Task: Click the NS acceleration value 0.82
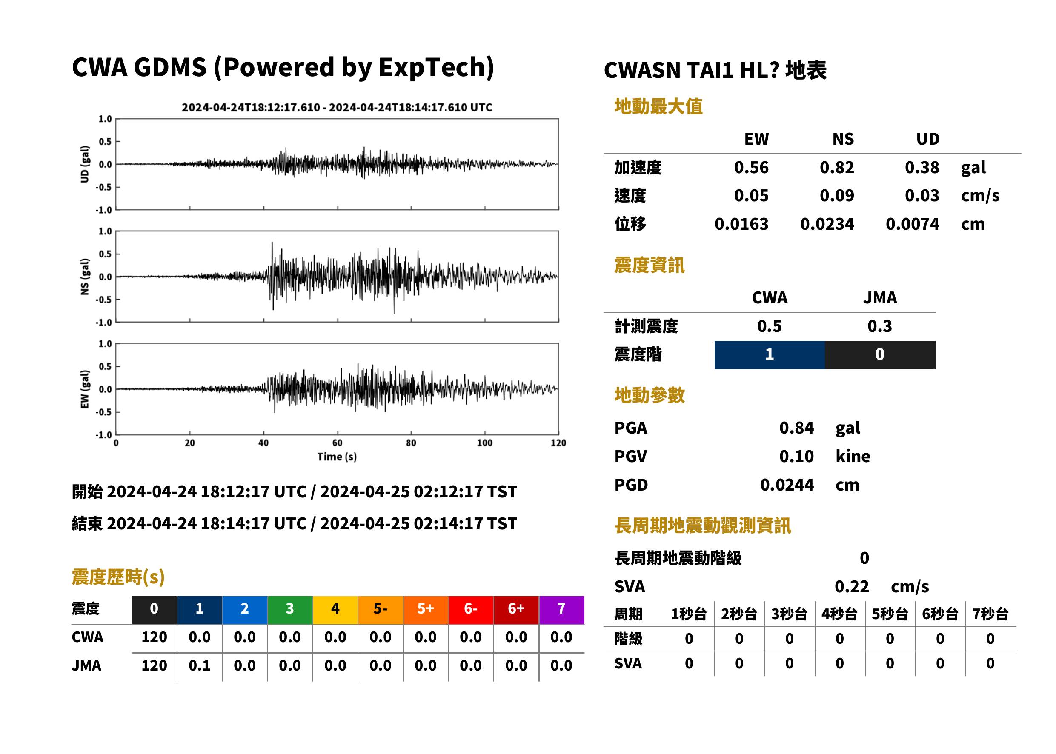836,168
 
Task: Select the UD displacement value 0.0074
912,224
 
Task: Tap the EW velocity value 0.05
751,196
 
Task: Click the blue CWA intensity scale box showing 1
770,355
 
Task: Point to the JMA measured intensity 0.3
879,326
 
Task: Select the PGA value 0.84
796,428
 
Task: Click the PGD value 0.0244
787,485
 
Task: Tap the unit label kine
853,457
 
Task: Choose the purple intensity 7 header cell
561,610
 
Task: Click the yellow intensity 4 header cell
335,610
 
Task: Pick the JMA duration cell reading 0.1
199,666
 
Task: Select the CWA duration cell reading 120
154,637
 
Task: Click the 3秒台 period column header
789,614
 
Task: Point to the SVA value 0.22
852,587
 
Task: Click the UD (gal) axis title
85,164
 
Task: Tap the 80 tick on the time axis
411,443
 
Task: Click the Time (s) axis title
337,457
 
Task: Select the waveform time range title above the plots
337,107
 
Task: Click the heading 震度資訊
649,266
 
